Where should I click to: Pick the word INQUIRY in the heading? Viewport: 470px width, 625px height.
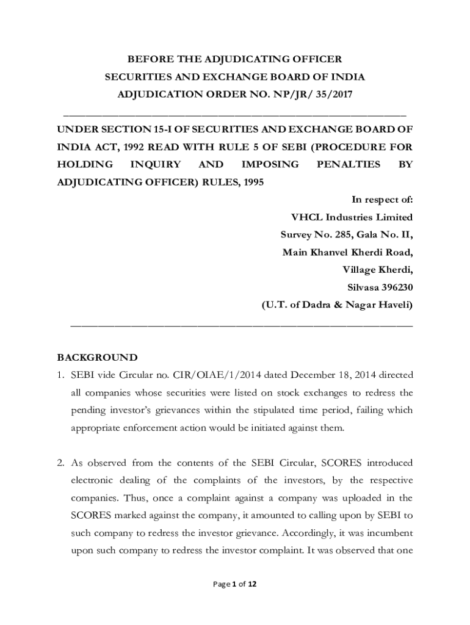coord(156,164)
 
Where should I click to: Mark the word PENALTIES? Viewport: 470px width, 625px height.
coord(349,164)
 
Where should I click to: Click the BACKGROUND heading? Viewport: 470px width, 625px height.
coord(97,358)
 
